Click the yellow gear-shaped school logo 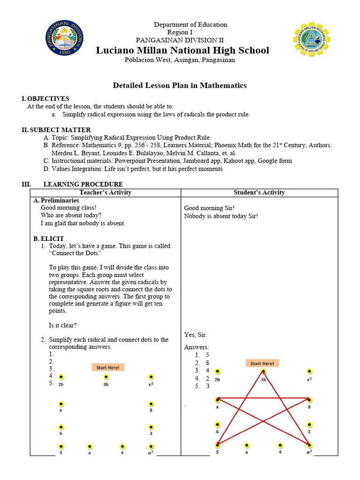(311, 39)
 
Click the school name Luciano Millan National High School (183, 50)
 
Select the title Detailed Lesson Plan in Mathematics (180, 85)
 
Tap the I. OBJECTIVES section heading (45, 98)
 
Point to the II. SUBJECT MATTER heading (56, 130)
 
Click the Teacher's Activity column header (105, 193)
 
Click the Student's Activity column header (259, 193)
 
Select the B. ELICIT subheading (49, 239)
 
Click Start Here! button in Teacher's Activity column (108, 367)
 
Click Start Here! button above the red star (262, 363)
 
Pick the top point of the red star (263, 372)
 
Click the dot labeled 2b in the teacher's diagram (61, 377)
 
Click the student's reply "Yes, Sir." (195, 335)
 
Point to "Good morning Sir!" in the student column (209, 208)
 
